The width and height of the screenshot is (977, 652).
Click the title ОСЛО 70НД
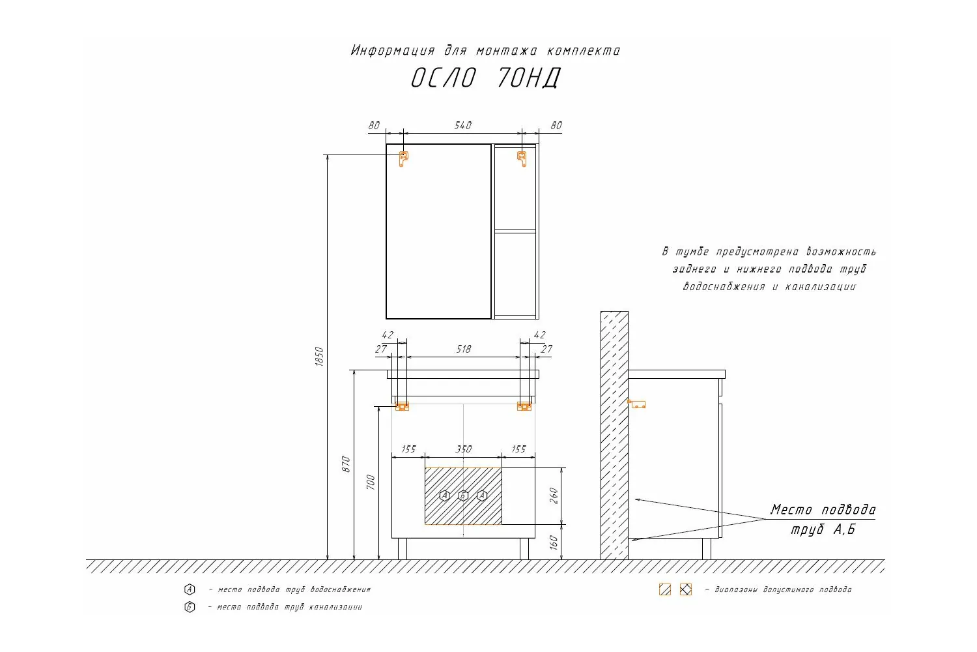pos(485,78)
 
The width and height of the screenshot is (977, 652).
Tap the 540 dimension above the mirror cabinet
pos(462,126)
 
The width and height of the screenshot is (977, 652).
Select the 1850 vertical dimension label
pos(319,357)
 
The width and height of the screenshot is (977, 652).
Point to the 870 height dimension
pos(345,464)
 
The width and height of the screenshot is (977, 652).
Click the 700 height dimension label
pos(371,482)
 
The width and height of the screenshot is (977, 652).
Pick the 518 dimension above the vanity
pos(463,349)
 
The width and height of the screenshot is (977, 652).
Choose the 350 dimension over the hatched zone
pos(464,449)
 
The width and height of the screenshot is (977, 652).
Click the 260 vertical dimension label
pos(554,496)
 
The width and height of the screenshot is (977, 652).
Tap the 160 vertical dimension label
pos(554,542)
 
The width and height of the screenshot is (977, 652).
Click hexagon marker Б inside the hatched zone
pos(463,496)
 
